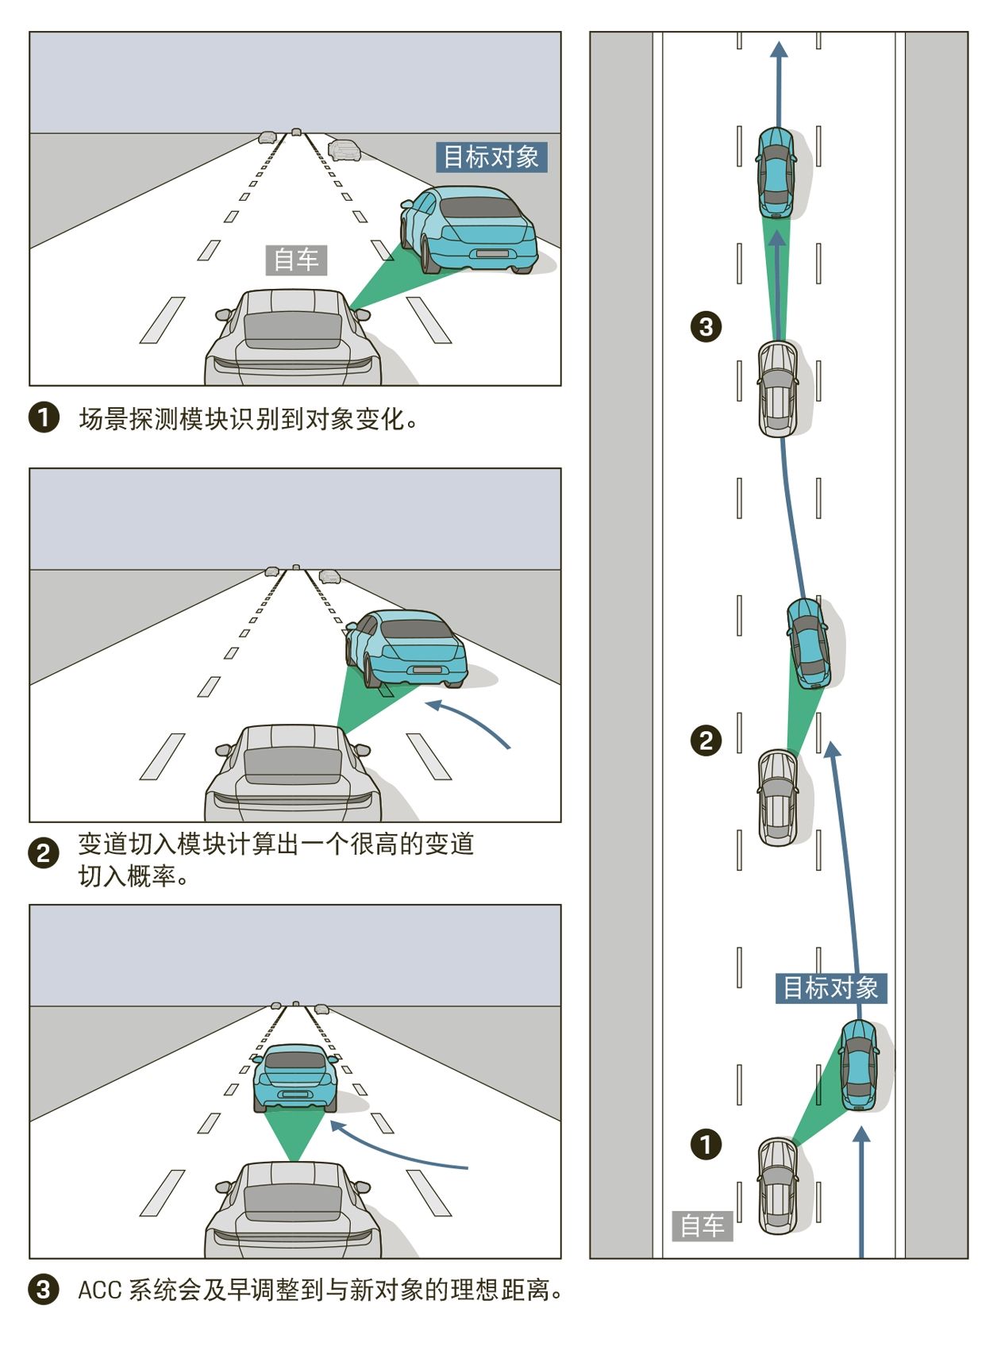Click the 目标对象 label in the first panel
[x=491, y=157]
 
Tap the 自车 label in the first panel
[x=295, y=260]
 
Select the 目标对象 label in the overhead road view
[x=830, y=988]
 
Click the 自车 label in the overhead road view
[x=702, y=1225]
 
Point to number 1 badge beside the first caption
[x=44, y=417]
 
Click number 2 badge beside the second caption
[x=44, y=853]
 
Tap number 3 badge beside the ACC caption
[x=44, y=1289]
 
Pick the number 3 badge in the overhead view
[x=706, y=326]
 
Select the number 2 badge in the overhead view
[x=706, y=741]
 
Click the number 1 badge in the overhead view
[x=706, y=1144]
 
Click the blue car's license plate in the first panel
[x=492, y=254]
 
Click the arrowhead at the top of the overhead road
[x=780, y=50]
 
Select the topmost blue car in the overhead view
[x=776, y=171]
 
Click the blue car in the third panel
[x=294, y=1077]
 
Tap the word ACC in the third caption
[x=99, y=1290]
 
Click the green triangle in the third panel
[x=295, y=1133]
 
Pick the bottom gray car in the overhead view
[x=778, y=1186]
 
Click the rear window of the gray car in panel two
[x=293, y=766]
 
